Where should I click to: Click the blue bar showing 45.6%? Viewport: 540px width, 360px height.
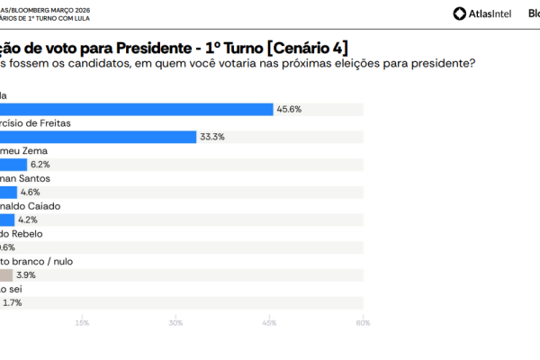pyautogui.click(x=135, y=109)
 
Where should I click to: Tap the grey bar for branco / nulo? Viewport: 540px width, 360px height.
pyautogui.click(x=6, y=275)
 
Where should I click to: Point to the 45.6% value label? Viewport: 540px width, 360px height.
pyautogui.click(x=289, y=109)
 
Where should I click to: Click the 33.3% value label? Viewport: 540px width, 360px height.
pyautogui.click(x=212, y=137)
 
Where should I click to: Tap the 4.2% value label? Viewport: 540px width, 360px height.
pyautogui.click(x=29, y=220)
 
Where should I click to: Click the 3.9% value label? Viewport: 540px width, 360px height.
pyautogui.click(x=26, y=275)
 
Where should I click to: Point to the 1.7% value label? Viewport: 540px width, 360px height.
pyautogui.click(x=13, y=303)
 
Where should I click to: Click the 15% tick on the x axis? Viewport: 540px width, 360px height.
pyautogui.click(x=82, y=323)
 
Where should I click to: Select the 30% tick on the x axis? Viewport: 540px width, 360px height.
pyautogui.click(x=175, y=323)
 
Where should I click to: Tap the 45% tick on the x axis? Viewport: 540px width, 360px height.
pyautogui.click(x=269, y=323)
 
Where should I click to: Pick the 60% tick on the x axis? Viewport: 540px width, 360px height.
pyautogui.click(x=363, y=323)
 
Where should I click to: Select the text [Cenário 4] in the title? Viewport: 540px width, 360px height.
pyautogui.click(x=303, y=46)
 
